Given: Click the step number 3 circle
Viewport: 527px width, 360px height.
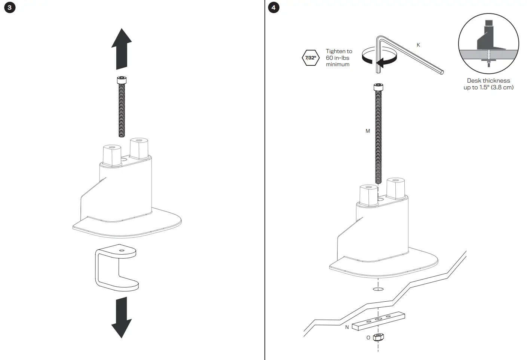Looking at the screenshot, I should [10, 8].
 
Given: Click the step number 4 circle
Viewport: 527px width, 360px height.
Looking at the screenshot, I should [273, 8].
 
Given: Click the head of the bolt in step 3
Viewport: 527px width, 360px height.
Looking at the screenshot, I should [122, 80].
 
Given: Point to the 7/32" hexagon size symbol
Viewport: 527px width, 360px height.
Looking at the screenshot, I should [310, 58].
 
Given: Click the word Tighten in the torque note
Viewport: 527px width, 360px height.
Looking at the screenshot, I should [334, 51].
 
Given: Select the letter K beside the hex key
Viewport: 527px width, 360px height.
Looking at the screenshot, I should [418, 45].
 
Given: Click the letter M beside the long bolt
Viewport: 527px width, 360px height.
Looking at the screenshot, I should [368, 131].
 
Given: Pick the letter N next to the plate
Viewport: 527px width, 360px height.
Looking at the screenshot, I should [347, 327].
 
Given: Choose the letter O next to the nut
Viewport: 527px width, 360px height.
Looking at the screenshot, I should [368, 338].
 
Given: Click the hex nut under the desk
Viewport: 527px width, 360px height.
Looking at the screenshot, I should [379, 337].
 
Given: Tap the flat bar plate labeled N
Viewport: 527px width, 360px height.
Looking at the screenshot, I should [378, 320].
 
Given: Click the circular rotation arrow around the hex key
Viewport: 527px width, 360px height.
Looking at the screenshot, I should [379, 57].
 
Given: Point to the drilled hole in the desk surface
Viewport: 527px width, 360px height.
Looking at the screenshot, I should [378, 289].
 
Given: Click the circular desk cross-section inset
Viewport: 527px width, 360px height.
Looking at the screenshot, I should [488, 44].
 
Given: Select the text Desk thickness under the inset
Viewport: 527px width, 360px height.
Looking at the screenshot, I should [488, 80].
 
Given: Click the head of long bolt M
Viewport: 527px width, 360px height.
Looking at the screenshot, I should [378, 87].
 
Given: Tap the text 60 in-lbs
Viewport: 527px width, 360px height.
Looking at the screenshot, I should [337, 58].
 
